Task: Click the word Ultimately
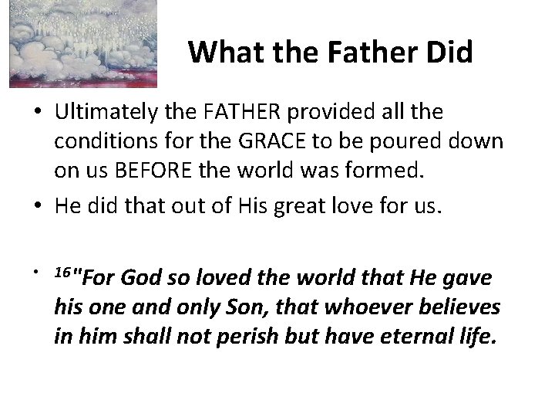[x=105, y=113]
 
